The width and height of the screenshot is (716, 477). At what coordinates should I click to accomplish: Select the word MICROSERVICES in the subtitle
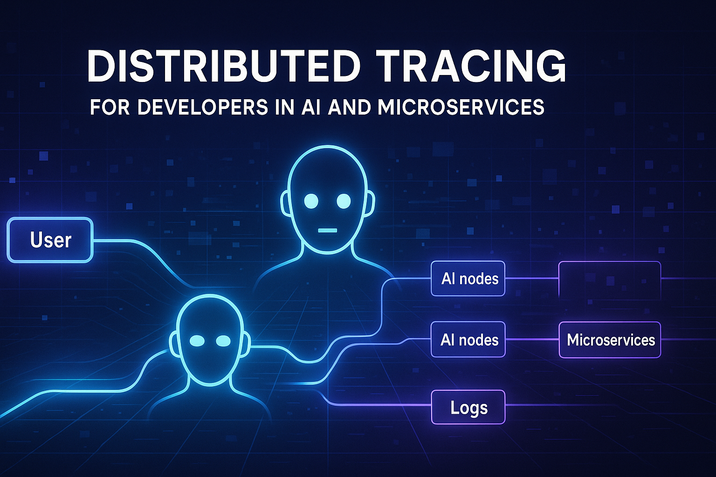click(x=461, y=107)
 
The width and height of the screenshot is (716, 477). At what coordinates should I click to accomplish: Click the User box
click(x=50, y=240)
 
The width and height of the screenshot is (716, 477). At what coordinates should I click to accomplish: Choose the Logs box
click(x=468, y=407)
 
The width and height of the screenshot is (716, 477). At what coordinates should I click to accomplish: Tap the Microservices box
click(x=610, y=340)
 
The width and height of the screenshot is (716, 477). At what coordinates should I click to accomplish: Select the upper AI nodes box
click(x=468, y=279)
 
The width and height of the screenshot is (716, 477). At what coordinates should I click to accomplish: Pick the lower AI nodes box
click(x=468, y=340)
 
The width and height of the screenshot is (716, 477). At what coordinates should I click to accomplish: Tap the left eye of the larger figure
click(x=311, y=201)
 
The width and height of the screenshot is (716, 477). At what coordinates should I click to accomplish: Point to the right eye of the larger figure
click(x=344, y=201)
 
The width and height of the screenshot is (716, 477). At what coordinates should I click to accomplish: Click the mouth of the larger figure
click(x=327, y=230)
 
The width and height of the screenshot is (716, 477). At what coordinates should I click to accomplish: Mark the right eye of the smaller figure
click(x=223, y=341)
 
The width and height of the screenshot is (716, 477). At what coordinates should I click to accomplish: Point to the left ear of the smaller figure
click(x=174, y=343)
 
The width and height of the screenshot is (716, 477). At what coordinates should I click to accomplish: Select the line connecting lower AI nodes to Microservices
click(x=532, y=340)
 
